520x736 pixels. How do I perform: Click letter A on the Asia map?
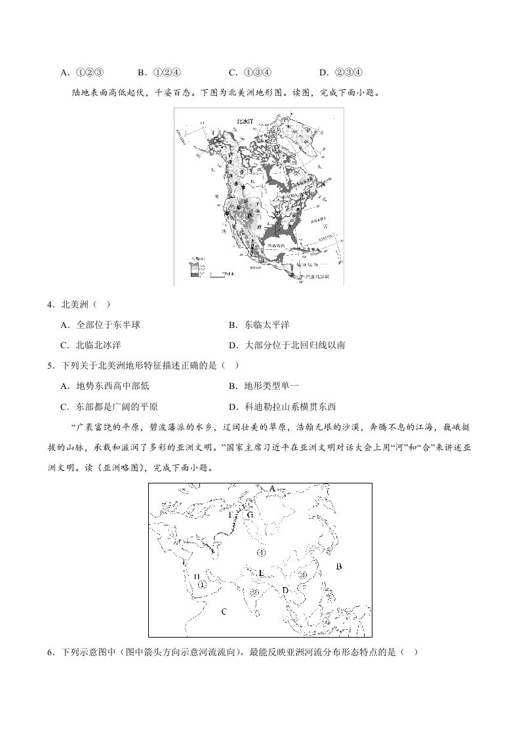point(272,489)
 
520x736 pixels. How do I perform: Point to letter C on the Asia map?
point(224,611)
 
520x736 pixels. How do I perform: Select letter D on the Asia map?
point(285,591)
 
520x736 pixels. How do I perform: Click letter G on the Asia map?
point(250,515)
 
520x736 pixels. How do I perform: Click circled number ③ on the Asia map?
point(302,574)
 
